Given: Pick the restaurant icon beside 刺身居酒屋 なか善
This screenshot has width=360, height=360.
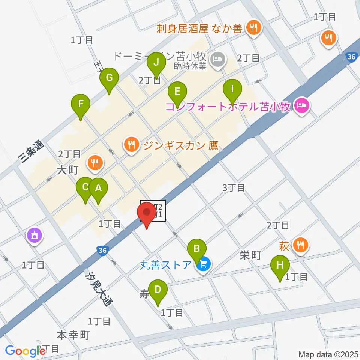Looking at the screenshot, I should click(x=254, y=27).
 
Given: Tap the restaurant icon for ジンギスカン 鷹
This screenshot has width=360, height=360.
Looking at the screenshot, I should click(x=131, y=145).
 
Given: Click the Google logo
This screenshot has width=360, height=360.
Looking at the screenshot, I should click(x=25, y=351).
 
